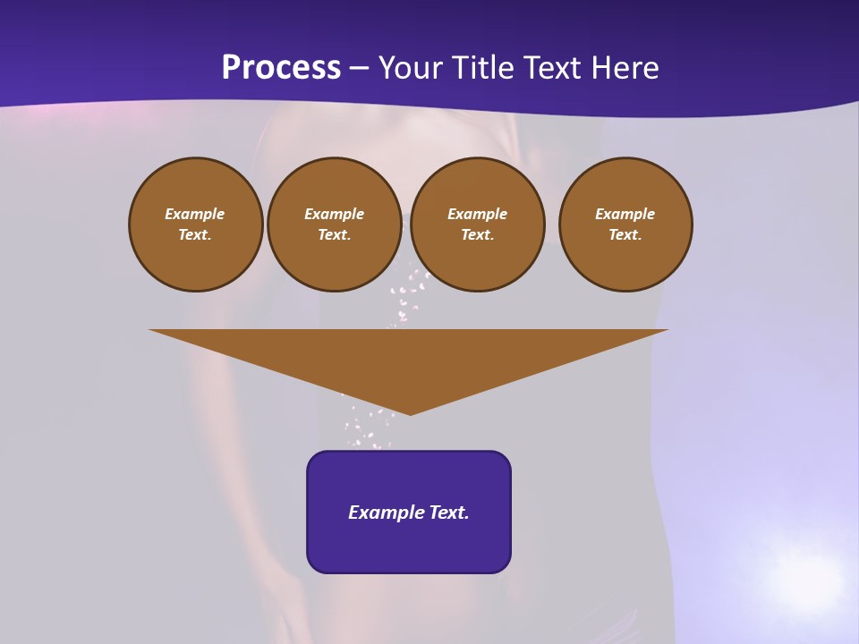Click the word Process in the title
click(x=281, y=68)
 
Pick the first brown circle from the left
click(x=196, y=225)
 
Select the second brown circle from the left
click(x=335, y=225)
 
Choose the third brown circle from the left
click(x=478, y=225)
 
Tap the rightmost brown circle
click(x=625, y=225)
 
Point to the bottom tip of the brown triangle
click(x=410, y=412)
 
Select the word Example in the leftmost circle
click(x=195, y=214)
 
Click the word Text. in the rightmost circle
click(x=625, y=234)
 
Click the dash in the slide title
click(x=360, y=68)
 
